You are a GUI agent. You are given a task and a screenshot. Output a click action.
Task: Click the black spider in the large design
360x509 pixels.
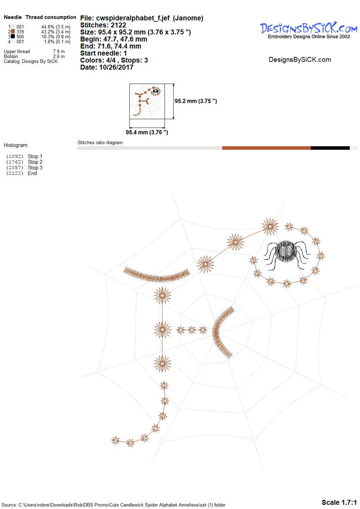point(287,254)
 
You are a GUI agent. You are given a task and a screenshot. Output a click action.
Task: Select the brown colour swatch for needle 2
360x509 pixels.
point(13,32)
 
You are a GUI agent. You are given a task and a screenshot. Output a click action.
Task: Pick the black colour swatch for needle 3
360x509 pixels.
point(13,36)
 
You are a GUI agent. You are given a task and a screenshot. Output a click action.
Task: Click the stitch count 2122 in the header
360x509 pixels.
point(118,25)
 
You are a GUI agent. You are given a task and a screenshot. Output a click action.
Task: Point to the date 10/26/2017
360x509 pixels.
point(116,67)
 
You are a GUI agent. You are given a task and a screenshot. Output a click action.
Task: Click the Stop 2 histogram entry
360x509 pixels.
point(35,162)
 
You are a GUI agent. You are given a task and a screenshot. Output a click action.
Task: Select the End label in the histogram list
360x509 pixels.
point(32,173)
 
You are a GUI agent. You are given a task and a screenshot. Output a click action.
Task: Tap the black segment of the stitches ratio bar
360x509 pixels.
point(330,148)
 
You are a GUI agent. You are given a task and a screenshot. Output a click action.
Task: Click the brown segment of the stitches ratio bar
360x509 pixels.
point(266,148)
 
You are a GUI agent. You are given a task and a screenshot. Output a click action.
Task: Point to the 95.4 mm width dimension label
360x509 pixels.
point(147,132)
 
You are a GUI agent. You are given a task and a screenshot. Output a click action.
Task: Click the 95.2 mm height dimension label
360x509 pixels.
point(196,101)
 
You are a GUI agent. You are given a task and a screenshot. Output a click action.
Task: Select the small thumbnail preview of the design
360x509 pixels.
point(147,101)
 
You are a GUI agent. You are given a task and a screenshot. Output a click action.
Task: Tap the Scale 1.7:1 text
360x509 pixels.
point(339,502)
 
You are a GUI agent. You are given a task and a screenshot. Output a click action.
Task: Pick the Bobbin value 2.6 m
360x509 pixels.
point(59,56)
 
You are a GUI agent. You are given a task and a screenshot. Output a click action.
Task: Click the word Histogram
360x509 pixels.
point(15,145)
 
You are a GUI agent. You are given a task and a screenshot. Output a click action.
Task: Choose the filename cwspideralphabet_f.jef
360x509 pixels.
point(133,18)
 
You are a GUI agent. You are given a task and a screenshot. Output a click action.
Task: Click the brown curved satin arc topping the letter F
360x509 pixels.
point(156,276)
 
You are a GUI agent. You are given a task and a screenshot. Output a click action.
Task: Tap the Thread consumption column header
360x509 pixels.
point(51,17)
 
